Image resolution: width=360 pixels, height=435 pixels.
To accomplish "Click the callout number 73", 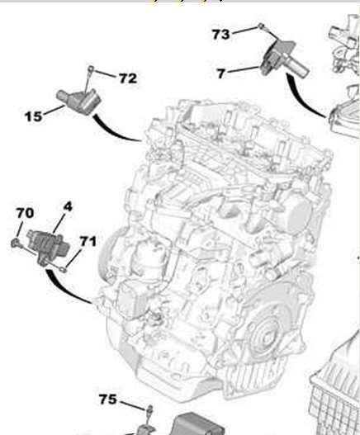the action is (221, 35).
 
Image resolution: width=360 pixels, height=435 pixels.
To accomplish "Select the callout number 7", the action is (221, 73).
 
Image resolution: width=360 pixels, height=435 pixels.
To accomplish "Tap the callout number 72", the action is (128, 78).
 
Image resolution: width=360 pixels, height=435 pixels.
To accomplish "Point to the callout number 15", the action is (34, 116).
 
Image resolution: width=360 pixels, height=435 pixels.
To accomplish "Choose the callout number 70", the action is (26, 213).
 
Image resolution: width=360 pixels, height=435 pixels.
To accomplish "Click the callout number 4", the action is (68, 206).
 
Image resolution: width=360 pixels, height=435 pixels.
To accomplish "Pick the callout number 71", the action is (88, 241).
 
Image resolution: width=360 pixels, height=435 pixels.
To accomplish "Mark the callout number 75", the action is (108, 400).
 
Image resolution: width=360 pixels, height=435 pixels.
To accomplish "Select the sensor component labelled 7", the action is (283, 59).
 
